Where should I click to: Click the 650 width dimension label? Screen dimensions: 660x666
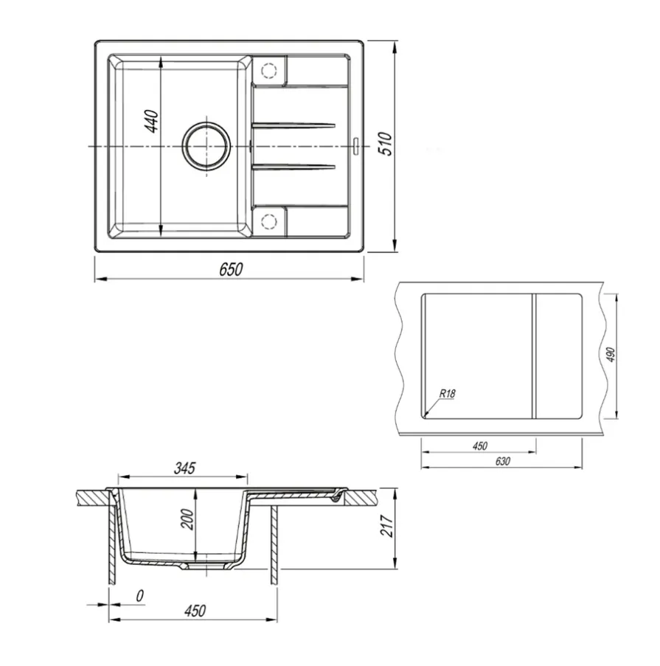(x=231, y=269)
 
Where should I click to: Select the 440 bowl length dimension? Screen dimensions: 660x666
(x=152, y=122)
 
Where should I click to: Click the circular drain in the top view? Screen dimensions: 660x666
(x=206, y=146)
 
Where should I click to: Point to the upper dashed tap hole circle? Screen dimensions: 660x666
(x=269, y=71)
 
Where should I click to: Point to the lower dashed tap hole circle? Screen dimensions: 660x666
(x=269, y=221)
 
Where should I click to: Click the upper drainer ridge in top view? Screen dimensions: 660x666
(x=293, y=125)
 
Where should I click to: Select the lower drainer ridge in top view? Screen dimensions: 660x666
(x=293, y=167)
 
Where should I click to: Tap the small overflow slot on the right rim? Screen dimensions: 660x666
(x=356, y=144)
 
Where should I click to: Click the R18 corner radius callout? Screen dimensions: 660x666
(x=447, y=394)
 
